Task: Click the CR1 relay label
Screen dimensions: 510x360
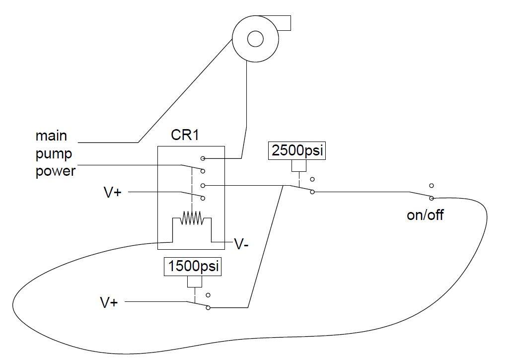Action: pyautogui.click(x=185, y=135)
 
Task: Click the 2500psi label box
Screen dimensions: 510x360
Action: pyautogui.click(x=296, y=151)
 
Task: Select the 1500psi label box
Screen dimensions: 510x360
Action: pyautogui.click(x=193, y=267)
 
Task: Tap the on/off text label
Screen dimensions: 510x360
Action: pyautogui.click(x=425, y=215)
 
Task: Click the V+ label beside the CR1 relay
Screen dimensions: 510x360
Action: pyautogui.click(x=113, y=192)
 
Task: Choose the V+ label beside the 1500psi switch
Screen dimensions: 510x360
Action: pyautogui.click(x=109, y=302)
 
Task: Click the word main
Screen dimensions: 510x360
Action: pyautogui.click(x=51, y=136)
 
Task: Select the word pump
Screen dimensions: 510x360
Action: pyautogui.click(x=53, y=153)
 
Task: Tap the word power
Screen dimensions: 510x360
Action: pyautogui.click(x=55, y=171)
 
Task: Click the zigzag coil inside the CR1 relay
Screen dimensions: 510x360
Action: pyautogui.click(x=192, y=218)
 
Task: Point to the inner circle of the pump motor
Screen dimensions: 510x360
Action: pyautogui.click(x=255, y=39)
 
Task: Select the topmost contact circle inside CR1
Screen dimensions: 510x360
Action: pyautogui.click(x=203, y=158)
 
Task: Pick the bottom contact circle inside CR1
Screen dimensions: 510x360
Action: pyautogui.click(x=203, y=198)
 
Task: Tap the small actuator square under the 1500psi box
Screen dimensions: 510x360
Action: pyautogui.click(x=195, y=282)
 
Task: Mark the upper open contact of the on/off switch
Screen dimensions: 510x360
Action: pyautogui.click(x=432, y=186)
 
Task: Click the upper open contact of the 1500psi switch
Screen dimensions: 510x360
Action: pyautogui.click(x=208, y=295)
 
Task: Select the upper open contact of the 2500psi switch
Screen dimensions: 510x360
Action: pyautogui.click(x=312, y=179)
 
